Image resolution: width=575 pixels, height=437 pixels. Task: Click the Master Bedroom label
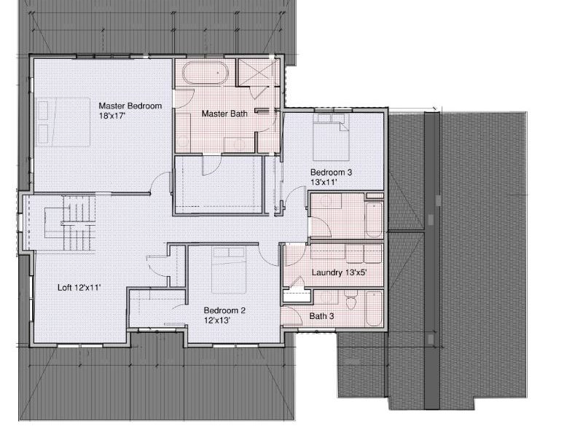[130, 106]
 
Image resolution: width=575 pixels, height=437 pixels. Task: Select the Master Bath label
[224, 114]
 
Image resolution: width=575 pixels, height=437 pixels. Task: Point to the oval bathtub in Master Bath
[206, 73]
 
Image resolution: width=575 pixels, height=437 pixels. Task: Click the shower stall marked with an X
[259, 72]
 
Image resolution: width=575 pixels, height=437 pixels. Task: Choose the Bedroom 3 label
[331, 173]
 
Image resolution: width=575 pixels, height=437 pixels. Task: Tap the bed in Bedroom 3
[331, 137]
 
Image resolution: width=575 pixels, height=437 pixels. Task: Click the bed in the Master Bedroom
[63, 122]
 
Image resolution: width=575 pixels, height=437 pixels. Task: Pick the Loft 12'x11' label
[79, 288]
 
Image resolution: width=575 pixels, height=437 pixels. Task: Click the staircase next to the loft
[70, 224]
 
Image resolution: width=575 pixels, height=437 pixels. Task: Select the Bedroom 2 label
[224, 311]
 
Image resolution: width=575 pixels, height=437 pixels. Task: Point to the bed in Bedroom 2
[229, 270]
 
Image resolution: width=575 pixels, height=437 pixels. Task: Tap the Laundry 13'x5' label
[339, 272]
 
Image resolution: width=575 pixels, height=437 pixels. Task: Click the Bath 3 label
[321, 316]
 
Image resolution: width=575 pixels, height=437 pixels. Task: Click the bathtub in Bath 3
[374, 308]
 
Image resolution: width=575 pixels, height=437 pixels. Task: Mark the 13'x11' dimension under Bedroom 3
[324, 182]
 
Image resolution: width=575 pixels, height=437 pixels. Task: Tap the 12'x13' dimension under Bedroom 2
[216, 320]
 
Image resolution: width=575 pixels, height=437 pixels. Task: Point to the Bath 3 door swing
[292, 315]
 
